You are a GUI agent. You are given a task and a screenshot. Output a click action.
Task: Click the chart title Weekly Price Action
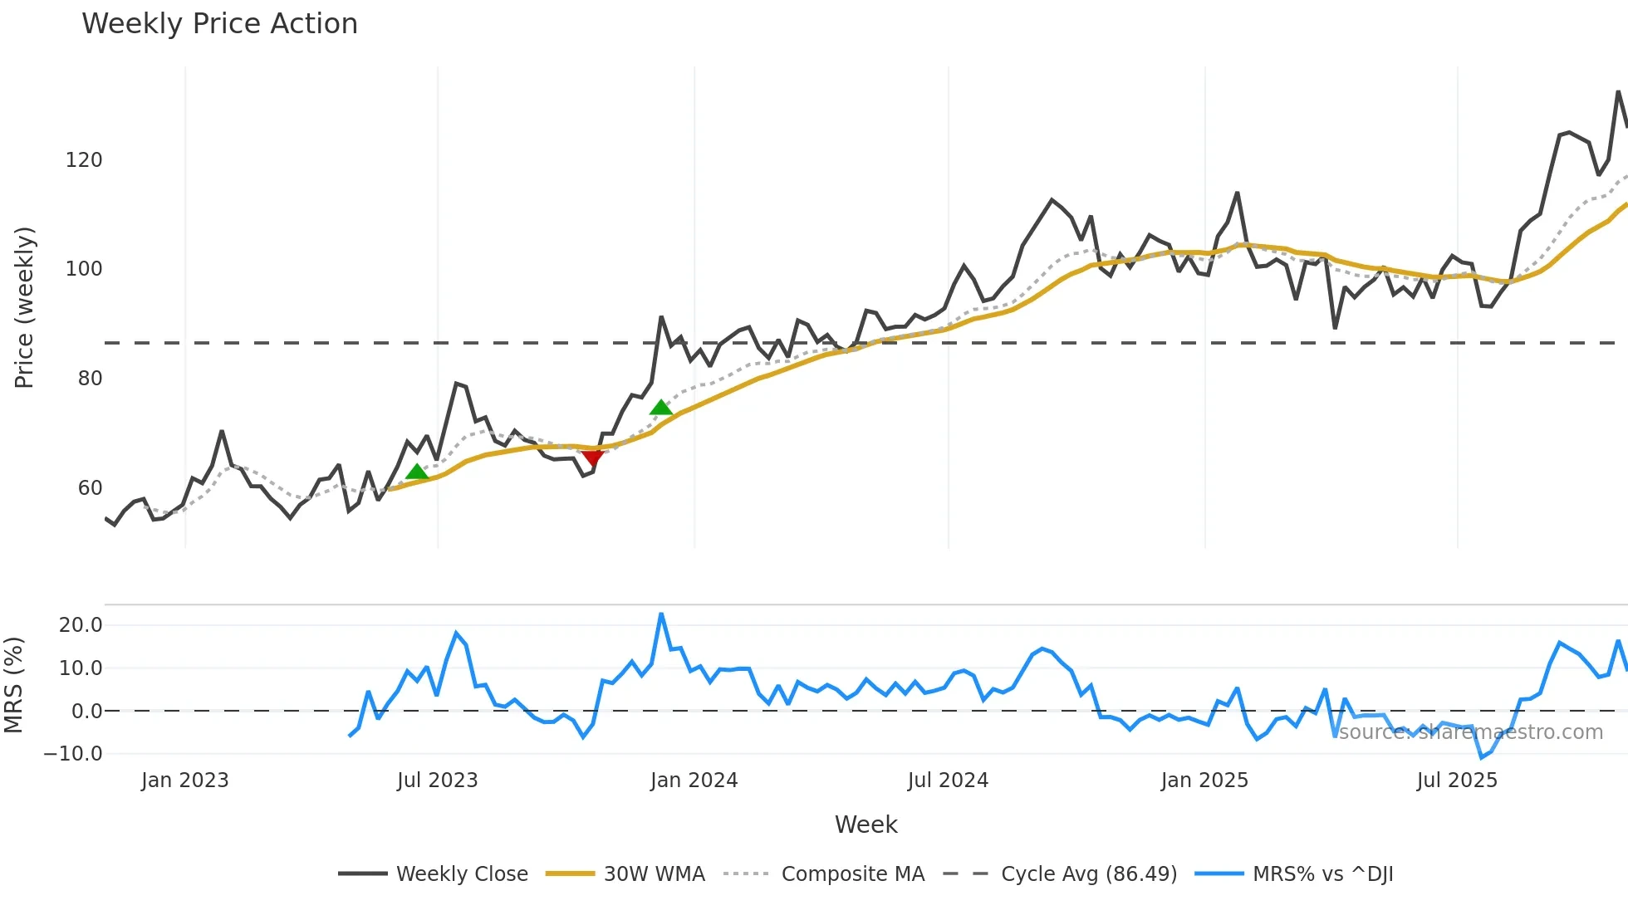point(219,24)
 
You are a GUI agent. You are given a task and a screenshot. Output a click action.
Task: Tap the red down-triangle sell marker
point(592,457)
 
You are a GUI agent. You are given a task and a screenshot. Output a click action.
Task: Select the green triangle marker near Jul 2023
point(417,472)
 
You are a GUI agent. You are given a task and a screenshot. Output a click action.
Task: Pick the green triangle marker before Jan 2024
point(661,407)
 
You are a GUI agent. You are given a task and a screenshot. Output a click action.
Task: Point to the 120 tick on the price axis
point(84,160)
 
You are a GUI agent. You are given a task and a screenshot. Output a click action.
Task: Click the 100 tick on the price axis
point(84,269)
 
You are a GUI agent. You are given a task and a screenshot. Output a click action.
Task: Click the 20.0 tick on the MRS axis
point(81,625)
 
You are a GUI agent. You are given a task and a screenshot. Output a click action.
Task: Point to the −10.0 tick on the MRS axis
point(73,754)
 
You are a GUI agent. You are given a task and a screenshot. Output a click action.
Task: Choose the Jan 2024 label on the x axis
point(694,780)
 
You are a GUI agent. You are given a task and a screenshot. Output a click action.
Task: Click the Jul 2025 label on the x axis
point(1457,780)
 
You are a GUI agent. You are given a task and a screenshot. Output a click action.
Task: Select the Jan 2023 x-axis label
point(184,780)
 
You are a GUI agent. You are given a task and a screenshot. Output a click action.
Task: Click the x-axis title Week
point(865,824)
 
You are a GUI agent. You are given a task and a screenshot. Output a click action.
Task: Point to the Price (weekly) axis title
point(25,307)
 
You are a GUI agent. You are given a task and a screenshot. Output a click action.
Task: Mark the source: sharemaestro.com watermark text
point(1470,732)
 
